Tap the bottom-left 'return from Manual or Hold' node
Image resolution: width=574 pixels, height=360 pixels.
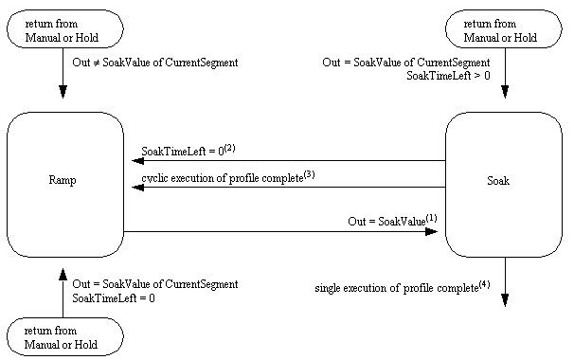[x=64, y=337]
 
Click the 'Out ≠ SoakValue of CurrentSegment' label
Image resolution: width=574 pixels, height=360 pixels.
[x=155, y=63]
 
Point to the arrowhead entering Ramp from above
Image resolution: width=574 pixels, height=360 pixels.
[x=64, y=93]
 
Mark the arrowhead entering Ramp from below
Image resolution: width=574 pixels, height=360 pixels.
[x=64, y=274]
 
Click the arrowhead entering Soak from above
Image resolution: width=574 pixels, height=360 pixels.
[x=504, y=93]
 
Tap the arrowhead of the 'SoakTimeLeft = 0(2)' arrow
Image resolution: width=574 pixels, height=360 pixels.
[x=137, y=161]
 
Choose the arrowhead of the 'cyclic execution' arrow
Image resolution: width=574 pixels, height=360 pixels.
[x=137, y=188]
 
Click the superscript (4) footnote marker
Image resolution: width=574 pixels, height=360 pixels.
[x=484, y=281]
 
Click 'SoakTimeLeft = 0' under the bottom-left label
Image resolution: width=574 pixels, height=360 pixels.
[x=114, y=298]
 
